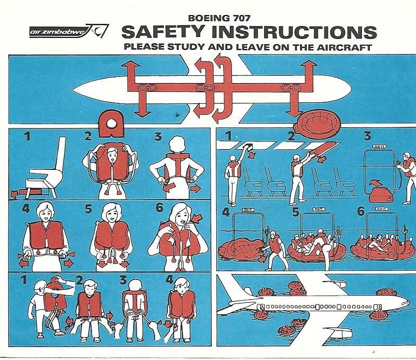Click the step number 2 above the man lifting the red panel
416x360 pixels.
(x=292, y=138)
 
